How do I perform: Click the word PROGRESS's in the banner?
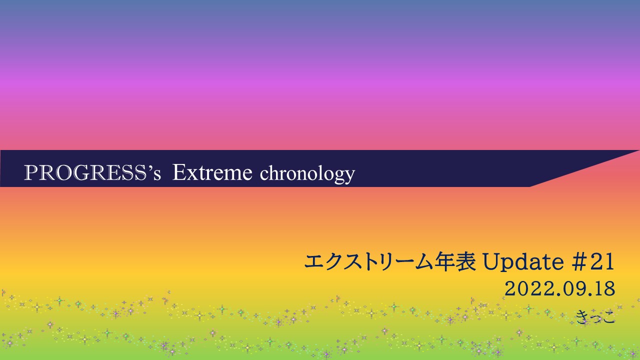tap(92, 173)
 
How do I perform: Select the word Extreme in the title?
tap(212, 172)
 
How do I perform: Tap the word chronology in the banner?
tap(307, 174)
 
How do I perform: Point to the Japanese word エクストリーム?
tap(369, 261)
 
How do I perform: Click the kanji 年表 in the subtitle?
tap(455, 261)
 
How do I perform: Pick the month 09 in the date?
tap(575, 289)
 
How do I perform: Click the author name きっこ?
tap(595, 317)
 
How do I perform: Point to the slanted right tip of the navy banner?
tap(639, 150)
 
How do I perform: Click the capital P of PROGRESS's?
tap(31, 173)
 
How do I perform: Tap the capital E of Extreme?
tap(179, 172)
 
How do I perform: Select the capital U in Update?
tap(491, 262)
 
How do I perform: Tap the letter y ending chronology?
tap(349, 177)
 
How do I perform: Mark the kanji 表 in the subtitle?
tap(465, 261)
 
